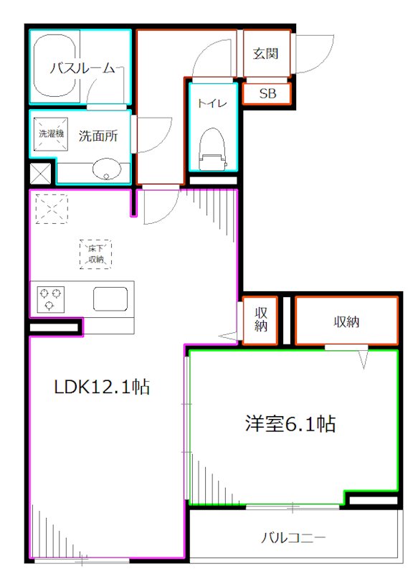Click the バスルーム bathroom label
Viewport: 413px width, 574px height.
coord(82,69)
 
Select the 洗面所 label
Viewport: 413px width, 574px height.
coord(98,135)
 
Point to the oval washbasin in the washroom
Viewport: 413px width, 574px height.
coord(105,170)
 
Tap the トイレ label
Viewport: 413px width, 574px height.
coord(212,103)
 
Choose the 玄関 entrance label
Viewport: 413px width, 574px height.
coord(265,54)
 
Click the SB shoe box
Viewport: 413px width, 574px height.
coord(267,94)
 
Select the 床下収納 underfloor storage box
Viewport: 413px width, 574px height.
coord(95,253)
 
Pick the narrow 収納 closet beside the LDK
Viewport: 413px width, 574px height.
coord(261,320)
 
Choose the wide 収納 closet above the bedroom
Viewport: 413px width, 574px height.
coord(346,322)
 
